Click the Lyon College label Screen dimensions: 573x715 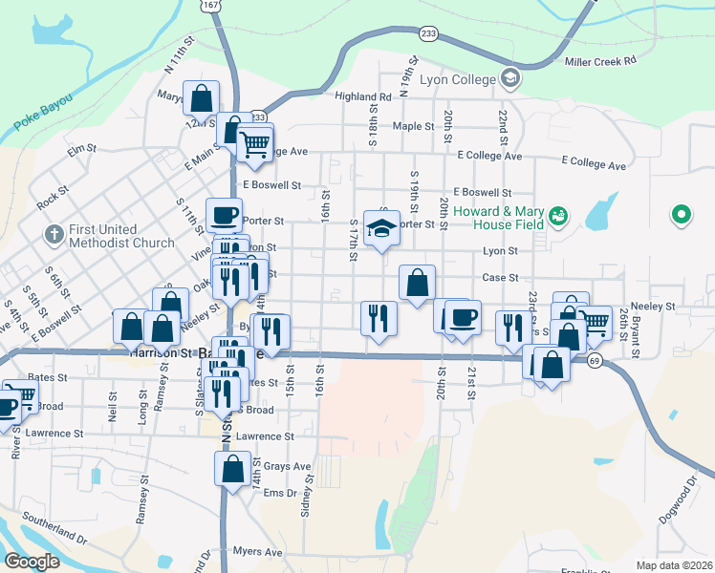click(x=462, y=79)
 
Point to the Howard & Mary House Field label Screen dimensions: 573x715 click(x=512, y=218)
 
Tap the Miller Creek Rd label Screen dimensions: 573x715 click(x=600, y=62)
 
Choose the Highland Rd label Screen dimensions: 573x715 click(x=363, y=96)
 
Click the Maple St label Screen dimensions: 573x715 click(x=413, y=126)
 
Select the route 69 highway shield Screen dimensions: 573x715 click(x=595, y=360)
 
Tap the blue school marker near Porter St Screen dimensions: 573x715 click(x=382, y=228)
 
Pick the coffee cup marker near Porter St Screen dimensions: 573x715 click(x=225, y=215)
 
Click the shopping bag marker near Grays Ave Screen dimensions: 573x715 click(x=232, y=469)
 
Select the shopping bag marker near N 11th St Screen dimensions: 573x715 click(x=202, y=97)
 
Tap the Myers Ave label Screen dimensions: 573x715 click(x=258, y=552)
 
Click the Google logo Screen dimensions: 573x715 click(x=32, y=562)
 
